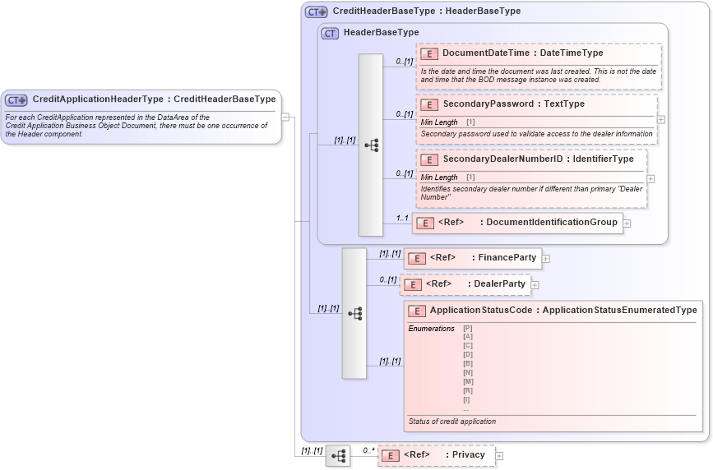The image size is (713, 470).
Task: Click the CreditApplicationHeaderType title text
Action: click(x=154, y=99)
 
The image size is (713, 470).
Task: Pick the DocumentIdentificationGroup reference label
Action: click(x=552, y=223)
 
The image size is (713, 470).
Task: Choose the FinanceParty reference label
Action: click(x=507, y=258)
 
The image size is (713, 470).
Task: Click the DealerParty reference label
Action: click(x=500, y=284)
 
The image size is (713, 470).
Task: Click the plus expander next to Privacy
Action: click(x=499, y=455)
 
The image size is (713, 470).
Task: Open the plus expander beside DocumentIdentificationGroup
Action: click(x=627, y=223)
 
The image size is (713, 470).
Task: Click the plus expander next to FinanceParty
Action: click(x=545, y=259)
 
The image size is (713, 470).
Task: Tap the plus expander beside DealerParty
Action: click(x=535, y=285)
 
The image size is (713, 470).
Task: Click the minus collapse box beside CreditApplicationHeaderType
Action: click(x=285, y=117)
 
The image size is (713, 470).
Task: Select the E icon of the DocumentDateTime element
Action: click(x=428, y=53)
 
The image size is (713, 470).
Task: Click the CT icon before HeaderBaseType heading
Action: click(x=331, y=33)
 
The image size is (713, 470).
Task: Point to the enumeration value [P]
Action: click(x=467, y=329)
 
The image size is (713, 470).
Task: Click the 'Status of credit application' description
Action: click(x=452, y=422)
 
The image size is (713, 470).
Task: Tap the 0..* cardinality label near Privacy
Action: click(x=368, y=450)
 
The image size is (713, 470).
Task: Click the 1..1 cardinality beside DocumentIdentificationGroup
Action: click(x=402, y=218)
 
